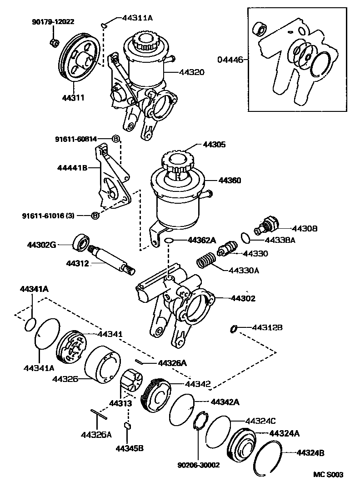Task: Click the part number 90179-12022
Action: (53, 21)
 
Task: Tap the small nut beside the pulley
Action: (53, 43)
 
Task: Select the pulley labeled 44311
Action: (80, 60)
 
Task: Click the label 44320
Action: (191, 72)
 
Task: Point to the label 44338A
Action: (281, 240)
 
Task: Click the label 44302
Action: (243, 299)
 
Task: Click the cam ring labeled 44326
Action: (102, 367)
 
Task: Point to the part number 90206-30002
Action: (198, 465)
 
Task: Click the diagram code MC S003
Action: (328, 475)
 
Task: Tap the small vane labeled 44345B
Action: (128, 426)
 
